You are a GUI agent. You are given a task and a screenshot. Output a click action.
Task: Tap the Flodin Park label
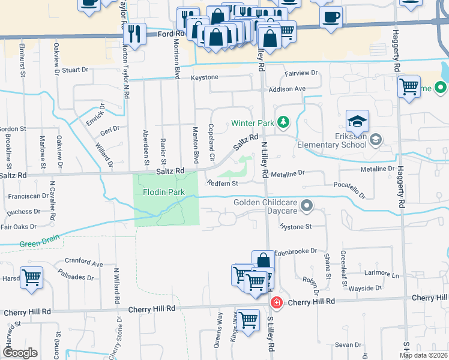point(163,192)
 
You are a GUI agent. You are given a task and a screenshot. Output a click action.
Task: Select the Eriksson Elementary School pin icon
point(375,139)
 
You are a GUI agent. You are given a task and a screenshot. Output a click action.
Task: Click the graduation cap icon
point(357,121)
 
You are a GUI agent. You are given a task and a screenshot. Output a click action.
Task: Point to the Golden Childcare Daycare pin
point(307,207)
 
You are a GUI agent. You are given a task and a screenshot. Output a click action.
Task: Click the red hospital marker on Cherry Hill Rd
point(276,302)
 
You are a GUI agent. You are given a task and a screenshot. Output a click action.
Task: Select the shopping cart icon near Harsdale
point(31,278)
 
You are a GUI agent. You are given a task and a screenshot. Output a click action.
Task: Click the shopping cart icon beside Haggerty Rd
point(409,87)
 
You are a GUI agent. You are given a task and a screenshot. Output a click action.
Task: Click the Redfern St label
point(223,183)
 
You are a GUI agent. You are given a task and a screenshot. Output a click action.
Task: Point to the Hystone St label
point(296,227)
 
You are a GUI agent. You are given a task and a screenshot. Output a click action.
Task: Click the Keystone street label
point(205,78)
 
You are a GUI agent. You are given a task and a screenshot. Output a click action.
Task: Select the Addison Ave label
point(287,89)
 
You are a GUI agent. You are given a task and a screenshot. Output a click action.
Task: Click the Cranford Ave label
point(84,262)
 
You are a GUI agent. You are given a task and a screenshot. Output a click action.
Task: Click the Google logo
point(19,353)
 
